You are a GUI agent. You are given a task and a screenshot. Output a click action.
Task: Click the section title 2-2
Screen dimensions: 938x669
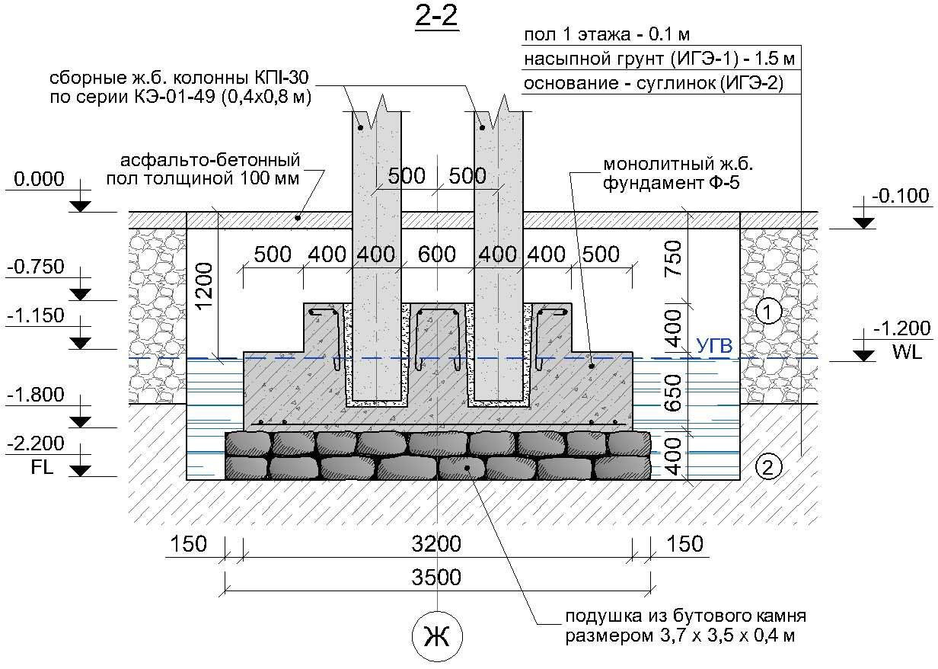[436, 18]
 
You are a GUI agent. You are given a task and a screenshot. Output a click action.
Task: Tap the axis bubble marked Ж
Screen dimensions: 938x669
[437, 637]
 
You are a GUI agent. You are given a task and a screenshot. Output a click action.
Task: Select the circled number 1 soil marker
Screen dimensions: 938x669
[768, 312]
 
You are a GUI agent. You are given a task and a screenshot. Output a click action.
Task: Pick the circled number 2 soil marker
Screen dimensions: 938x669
[768, 467]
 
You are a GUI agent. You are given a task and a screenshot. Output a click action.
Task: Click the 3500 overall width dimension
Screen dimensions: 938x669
[436, 577]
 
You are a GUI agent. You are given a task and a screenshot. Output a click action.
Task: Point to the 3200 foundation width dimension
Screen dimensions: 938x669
[436, 544]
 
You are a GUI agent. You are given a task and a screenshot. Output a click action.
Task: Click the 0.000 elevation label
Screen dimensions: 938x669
[39, 179]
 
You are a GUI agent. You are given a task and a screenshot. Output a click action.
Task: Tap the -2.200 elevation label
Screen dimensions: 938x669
[36, 443]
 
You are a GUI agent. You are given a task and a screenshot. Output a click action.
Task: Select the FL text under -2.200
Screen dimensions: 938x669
[42, 467]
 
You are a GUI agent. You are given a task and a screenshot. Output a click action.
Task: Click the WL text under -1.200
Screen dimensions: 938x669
[907, 352]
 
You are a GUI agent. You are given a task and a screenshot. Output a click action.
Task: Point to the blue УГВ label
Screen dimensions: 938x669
[714, 346]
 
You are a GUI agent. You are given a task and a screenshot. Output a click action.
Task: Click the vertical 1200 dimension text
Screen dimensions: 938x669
[205, 286]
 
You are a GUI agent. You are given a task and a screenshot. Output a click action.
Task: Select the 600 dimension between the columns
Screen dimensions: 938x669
[437, 254]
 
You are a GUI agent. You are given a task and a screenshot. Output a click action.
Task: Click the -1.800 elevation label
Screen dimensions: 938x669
[36, 395]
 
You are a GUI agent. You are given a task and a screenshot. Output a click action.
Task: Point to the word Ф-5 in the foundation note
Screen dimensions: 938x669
[725, 183]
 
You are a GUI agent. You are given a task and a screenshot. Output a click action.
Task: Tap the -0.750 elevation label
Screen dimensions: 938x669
[36, 267]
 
